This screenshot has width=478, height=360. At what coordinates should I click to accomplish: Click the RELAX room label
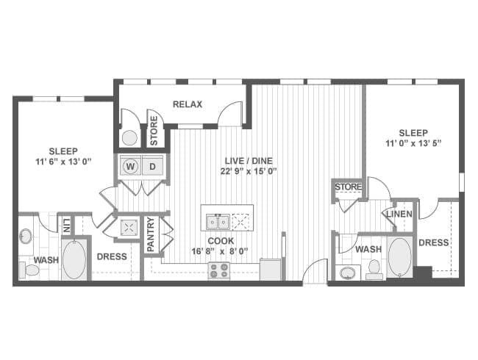click(x=188, y=104)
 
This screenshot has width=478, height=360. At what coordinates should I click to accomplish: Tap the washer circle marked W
click(x=131, y=166)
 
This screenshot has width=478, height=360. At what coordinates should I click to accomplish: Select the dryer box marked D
click(x=154, y=166)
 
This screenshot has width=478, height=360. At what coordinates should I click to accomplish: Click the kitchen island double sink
click(x=216, y=221)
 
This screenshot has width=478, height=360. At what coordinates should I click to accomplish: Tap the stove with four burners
click(x=219, y=270)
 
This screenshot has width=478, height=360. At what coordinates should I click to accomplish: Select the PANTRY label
click(x=151, y=235)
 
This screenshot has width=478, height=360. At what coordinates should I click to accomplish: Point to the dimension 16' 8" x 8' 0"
click(x=220, y=251)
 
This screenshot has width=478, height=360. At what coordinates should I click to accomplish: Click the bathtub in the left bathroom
click(x=74, y=260)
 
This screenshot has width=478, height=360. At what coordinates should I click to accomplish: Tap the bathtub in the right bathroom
click(x=399, y=256)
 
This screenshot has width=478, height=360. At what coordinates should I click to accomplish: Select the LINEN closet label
click(x=397, y=214)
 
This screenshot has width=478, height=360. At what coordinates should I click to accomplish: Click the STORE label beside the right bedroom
click(x=348, y=187)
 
